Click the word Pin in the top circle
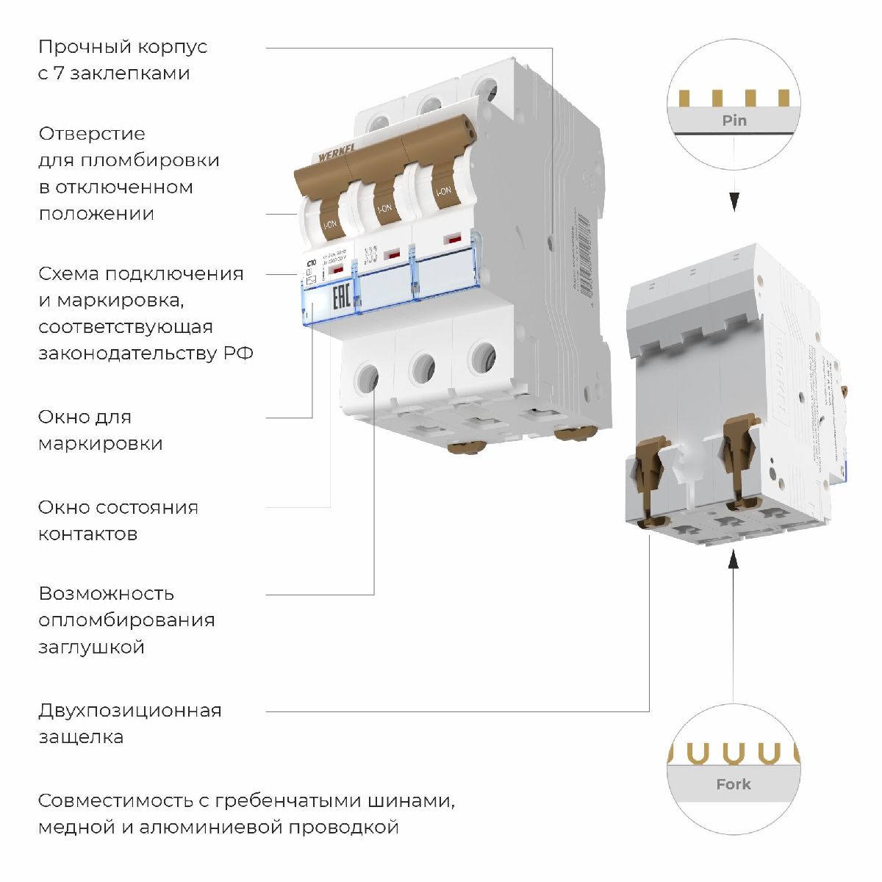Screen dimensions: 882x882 pyautogui.click(x=734, y=121)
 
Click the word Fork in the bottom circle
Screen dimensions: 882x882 pyautogui.click(x=734, y=784)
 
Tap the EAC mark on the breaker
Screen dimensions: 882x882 pyautogui.click(x=341, y=301)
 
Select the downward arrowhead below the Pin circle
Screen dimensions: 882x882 pyautogui.click(x=734, y=201)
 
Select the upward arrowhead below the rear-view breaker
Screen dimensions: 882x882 pyautogui.click(x=734, y=561)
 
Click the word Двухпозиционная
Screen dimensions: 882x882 pyautogui.click(x=129, y=711)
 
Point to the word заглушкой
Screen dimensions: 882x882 pyautogui.click(x=91, y=648)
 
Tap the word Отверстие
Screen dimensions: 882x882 pyautogui.click(x=92, y=134)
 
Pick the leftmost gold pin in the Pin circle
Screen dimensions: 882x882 pyautogui.click(x=686, y=98)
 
